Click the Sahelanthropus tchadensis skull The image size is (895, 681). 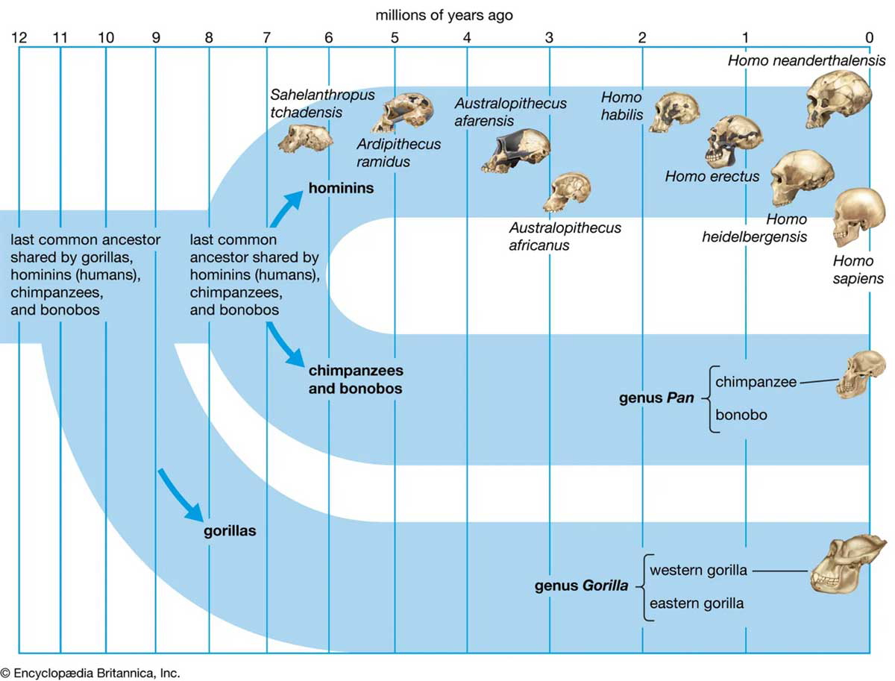click(x=306, y=137)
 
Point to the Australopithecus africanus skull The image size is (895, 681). click(x=567, y=192)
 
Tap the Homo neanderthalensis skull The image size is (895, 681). click(x=838, y=100)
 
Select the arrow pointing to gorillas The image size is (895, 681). click(x=181, y=495)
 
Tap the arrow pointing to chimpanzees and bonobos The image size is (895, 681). click(x=286, y=345)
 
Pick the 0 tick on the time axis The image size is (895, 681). click(x=869, y=37)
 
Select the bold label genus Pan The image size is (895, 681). click(x=656, y=398)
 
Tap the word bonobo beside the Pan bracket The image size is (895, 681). click(x=741, y=414)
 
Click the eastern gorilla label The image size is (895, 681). click(x=697, y=603)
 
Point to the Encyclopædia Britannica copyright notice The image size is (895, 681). click(x=90, y=672)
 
